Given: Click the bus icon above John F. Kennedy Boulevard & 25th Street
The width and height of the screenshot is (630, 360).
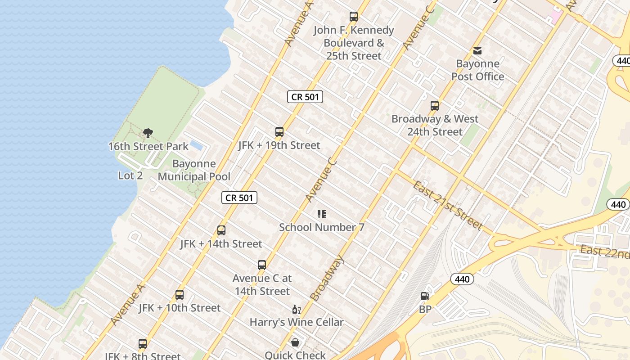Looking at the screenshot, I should click(354, 17).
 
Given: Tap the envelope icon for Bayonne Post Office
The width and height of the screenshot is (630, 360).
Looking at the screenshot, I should click(477, 51).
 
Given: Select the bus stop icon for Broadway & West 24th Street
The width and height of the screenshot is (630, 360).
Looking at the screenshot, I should click(435, 106).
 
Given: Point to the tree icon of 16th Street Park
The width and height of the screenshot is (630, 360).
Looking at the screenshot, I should click(148, 133).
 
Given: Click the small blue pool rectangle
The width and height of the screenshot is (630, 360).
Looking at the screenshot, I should click(196, 145).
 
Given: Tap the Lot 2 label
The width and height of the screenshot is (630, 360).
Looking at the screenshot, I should click(130, 175).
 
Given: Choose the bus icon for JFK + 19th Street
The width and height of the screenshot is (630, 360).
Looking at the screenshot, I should click(279, 132).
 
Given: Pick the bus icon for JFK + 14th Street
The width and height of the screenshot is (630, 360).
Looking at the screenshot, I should click(221, 230).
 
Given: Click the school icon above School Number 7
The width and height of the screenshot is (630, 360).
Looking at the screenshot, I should click(322, 214).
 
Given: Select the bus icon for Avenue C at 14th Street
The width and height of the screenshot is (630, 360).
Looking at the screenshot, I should click(262, 265).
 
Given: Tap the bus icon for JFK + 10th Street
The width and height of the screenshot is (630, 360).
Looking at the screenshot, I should click(180, 295).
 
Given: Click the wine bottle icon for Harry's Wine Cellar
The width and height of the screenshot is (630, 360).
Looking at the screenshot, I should click(297, 309).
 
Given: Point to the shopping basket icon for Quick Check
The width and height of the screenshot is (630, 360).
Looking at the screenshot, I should click(295, 343).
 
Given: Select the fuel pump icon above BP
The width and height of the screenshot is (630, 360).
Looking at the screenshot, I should click(425, 296).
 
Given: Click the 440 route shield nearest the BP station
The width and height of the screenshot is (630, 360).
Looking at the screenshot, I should click(462, 279).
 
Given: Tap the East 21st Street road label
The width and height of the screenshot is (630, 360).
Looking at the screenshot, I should click(448, 205).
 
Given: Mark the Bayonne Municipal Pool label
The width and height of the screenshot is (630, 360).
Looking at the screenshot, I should click(194, 170).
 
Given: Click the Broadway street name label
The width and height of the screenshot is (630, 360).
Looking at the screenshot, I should click(327, 278).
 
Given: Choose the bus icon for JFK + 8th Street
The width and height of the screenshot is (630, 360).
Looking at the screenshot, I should click(143, 344).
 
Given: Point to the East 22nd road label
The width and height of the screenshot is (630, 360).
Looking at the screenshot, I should click(604, 252).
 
